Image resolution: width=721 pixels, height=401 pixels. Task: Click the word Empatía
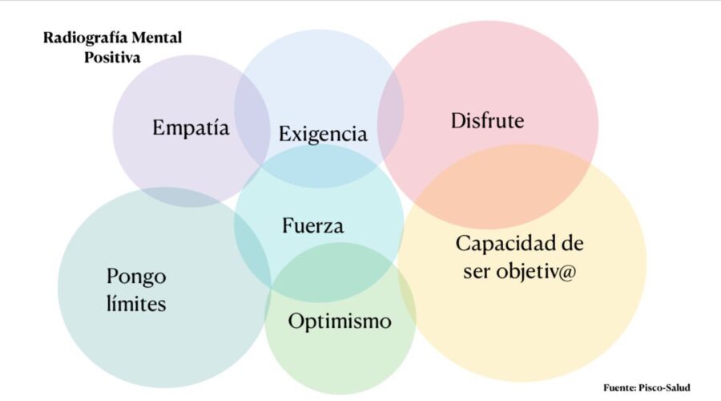191,128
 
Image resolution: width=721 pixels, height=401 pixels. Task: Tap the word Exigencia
323,134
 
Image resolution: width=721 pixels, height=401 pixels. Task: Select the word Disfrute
487,120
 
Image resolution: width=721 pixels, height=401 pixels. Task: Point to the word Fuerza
312,225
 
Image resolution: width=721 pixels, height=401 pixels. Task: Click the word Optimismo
340,321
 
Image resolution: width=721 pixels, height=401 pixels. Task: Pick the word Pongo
136,277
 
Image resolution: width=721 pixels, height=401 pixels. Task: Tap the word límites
136,303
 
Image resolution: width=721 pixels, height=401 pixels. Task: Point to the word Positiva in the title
112,58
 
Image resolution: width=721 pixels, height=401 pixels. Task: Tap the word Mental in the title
157,37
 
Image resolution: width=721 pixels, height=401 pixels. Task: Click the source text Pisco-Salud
665,387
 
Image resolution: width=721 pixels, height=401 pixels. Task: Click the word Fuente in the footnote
619,387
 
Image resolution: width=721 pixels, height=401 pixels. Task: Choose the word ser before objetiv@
477,272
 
